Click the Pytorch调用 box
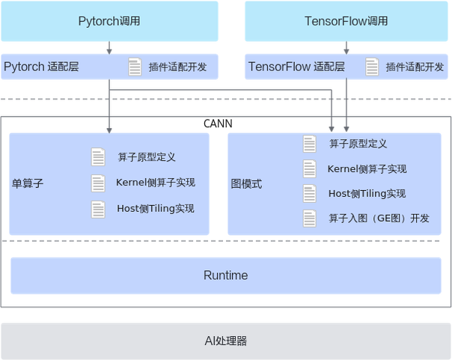click(109, 21)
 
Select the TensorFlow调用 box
click(346, 21)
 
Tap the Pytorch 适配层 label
click(42, 67)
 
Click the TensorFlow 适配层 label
click(296, 67)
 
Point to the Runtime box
click(225, 275)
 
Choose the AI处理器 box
click(225, 341)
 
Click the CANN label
click(218, 122)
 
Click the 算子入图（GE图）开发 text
click(379, 219)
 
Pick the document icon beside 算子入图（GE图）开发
click(310, 219)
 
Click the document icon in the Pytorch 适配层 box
click(135, 67)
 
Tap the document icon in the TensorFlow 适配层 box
click(372, 67)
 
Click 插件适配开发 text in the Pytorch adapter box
click(173, 67)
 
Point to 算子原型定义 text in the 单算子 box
click(147, 157)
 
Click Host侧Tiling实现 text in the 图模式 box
click(367, 194)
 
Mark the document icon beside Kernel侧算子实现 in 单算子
click(98, 183)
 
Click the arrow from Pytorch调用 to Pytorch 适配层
click(110, 47)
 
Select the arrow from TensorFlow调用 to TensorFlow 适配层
click(346, 47)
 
